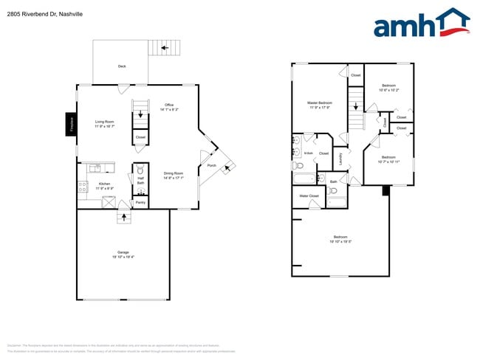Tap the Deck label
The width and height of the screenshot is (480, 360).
pos(121,66)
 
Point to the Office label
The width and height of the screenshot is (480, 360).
pos(168,105)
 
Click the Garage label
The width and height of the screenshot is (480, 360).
pos(123,252)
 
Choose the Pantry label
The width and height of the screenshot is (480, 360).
pos(140,201)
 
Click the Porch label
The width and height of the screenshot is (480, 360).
pos(211,165)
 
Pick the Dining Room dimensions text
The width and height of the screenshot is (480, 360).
pos(174,178)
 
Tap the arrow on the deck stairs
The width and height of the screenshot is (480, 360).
pos(165,48)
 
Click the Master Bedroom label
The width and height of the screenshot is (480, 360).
pos(320,103)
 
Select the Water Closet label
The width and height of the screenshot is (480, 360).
pos(309,196)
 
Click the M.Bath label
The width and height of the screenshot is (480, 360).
pos(309,153)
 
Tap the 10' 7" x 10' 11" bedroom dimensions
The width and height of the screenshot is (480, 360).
pos(389,161)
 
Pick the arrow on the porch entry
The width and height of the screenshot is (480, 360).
pos(227,167)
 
